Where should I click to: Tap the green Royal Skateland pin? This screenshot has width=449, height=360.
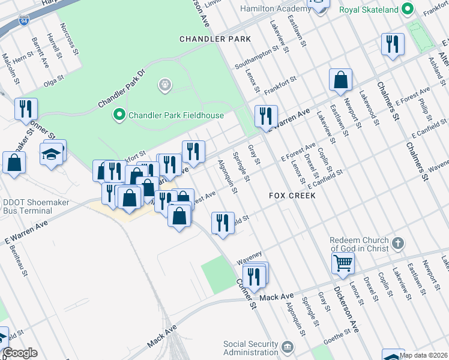408,10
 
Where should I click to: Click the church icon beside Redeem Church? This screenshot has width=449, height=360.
397,244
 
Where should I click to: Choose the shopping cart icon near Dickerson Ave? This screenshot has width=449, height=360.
343,262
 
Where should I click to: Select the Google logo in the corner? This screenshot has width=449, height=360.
19,353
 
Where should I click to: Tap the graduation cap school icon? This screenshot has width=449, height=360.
52,154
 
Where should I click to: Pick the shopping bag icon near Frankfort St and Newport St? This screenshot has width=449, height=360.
340,79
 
